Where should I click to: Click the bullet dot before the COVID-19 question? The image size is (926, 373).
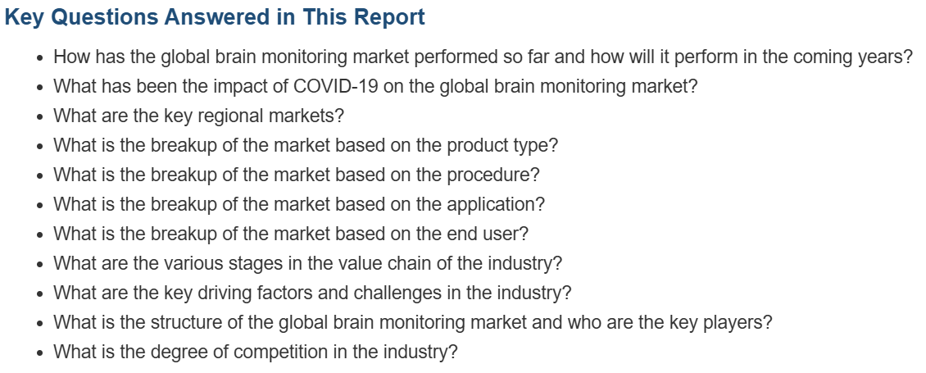coord(39,88)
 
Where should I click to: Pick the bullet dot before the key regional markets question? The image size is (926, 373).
coord(39,117)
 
